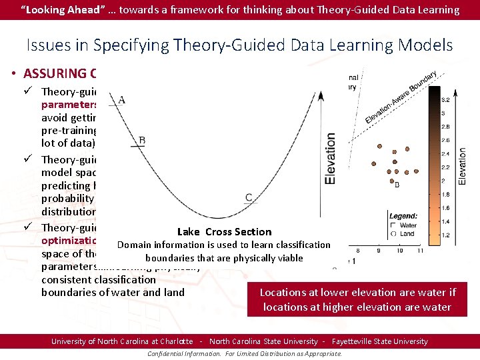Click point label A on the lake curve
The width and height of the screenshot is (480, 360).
[x=122, y=101]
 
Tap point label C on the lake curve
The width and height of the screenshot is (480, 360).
[x=249, y=197]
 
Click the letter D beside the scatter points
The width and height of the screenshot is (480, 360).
[x=397, y=184]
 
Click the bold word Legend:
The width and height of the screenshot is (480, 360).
[x=404, y=217]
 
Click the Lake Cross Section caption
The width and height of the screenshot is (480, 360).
[x=224, y=232]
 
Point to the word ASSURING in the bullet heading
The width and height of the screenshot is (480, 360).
[x=54, y=74]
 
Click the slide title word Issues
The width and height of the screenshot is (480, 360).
[x=49, y=45]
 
